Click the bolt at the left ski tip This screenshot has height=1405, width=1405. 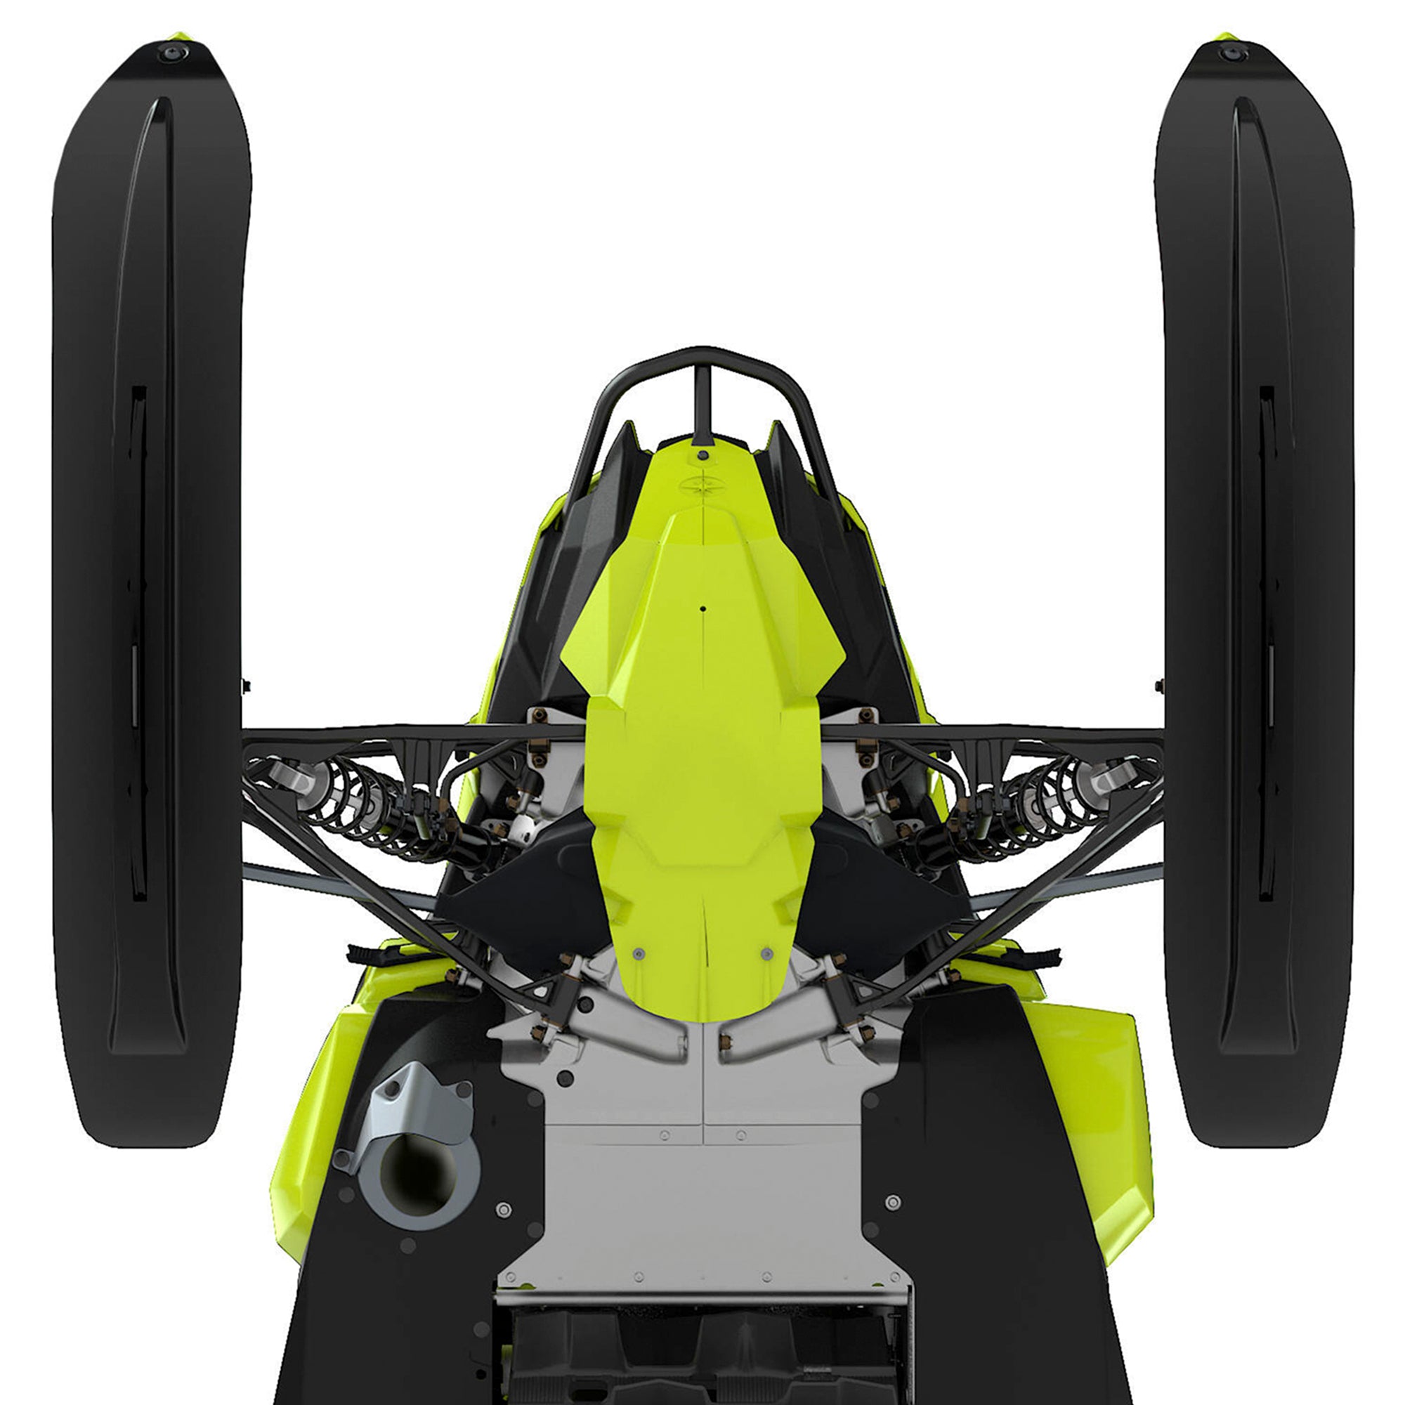tap(172, 53)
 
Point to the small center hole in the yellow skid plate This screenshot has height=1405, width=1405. tap(703, 607)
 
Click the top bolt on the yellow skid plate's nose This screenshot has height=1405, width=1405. tap(702, 455)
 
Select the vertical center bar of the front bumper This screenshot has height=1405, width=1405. tap(701, 404)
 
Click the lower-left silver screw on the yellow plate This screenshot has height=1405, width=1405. tap(639, 953)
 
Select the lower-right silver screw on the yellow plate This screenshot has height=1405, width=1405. tap(765, 952)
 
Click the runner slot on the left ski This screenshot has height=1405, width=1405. tap(138, 640)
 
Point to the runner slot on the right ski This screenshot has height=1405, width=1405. tap(1267, 640)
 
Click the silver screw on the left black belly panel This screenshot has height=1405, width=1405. tap(503, 1210)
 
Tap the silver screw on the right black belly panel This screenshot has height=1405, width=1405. tap(894, 1202)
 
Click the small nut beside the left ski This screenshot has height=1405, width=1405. tap(247, 684)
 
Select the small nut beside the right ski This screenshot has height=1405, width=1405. tap(1158, 684)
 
